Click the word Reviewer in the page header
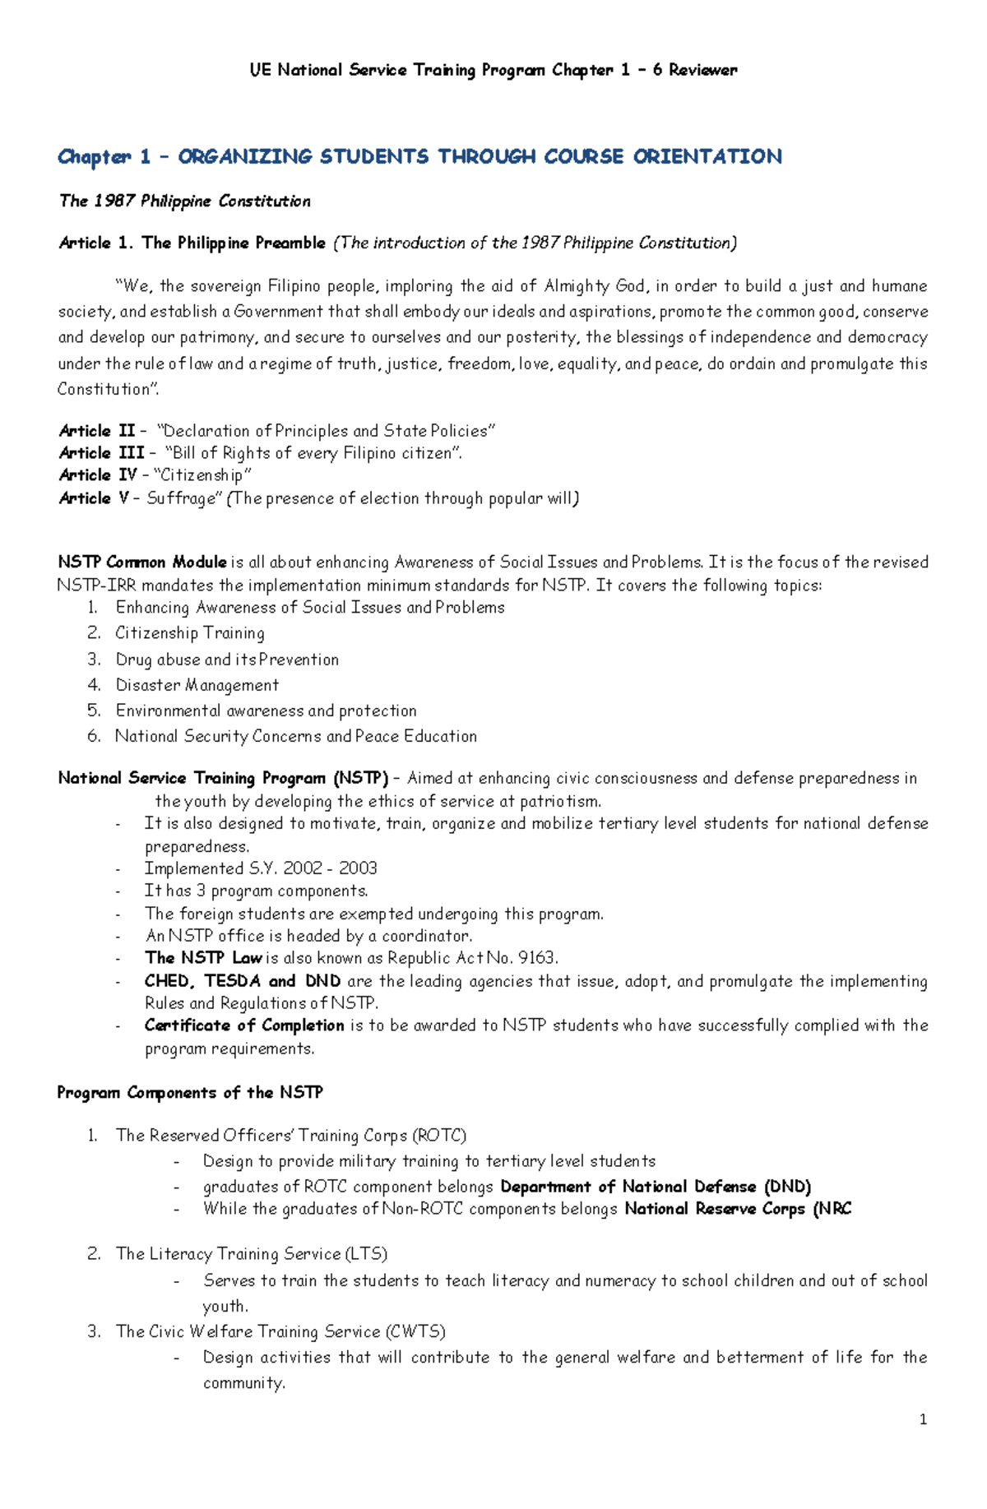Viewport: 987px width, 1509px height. click(702, 70)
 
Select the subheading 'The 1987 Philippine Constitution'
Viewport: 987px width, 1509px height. click(184, 201)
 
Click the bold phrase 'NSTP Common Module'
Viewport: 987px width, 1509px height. click(141, 562)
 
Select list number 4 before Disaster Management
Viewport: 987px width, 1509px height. click(94, 685)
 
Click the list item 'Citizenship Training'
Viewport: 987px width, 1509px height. click(190, 633)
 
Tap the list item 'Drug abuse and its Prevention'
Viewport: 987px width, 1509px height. click(227, 660)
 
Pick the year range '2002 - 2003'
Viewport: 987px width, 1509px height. click(330, 868)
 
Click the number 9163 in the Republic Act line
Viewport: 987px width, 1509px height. click(538, 958)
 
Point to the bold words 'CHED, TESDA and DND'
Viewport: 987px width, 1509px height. click(242, 981)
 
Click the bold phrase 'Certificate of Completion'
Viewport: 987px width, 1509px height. click(244, 1025)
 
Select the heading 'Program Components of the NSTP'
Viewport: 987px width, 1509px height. click(190, 1093)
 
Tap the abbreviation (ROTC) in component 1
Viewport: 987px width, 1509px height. click(438, 1136)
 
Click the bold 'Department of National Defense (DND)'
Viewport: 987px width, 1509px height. click(656, 1187)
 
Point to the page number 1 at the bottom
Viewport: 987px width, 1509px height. click(923, 1419)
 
